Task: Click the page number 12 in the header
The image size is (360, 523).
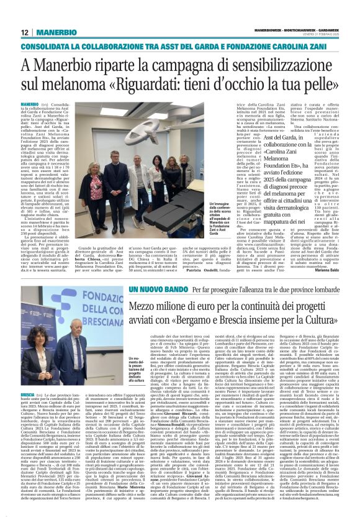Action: [24, 32]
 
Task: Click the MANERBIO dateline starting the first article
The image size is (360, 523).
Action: [30, 103]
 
